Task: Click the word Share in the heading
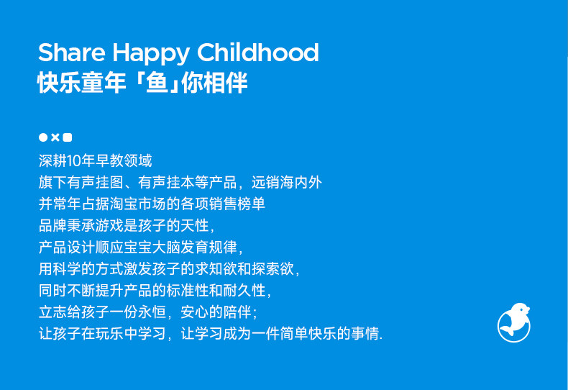71,53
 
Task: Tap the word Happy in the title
151,55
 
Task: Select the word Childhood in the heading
257,53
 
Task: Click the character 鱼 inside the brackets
157,83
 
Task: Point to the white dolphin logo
513,322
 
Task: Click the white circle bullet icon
43,137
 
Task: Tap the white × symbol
55,137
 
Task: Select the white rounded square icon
68,137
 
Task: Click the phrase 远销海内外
287,182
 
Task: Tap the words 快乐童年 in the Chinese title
82,83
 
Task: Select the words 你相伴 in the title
214,83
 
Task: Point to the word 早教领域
124,161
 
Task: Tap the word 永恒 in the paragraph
152,312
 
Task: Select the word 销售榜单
237,204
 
